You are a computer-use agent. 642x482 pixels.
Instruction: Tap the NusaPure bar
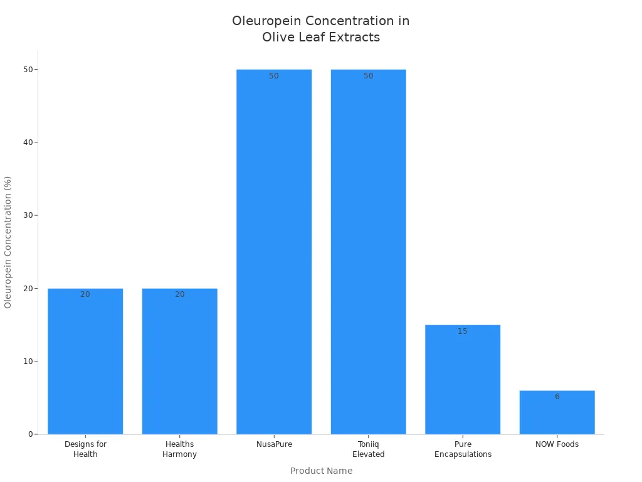click(x=274, y=251)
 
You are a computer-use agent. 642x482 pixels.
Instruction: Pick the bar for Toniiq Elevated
click(x=368, y=251)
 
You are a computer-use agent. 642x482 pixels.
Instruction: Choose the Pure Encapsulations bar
click(x=463, y=379)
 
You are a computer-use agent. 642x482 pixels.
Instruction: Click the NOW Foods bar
click(x=557, y=412)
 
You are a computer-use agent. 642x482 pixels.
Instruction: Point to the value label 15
click(x=463, y=331)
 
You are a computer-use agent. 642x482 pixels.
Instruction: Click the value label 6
click(x=557, y=397)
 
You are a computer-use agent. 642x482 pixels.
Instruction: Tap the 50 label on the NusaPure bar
click(x=274, y=76)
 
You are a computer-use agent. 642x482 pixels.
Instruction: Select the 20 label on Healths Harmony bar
click(x=180, y=294)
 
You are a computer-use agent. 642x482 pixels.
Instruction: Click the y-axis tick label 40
click(x=28, y=142)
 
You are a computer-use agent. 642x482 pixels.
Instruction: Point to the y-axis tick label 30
click(x=28, y=215)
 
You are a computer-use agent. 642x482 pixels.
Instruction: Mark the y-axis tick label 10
click(x=28, y=361)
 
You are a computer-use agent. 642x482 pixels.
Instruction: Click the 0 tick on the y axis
click(x=30, y=434)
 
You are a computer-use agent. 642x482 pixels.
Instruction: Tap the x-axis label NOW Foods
click(x=557, y=444)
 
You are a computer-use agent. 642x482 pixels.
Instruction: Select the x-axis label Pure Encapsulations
click(x=463, y=449)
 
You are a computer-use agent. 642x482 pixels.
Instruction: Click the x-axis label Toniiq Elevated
click(x=368, y=449)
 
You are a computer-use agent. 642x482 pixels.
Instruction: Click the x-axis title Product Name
click(x=321, y=471)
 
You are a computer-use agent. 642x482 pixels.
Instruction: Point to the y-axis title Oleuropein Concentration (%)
click(x=8, y=242)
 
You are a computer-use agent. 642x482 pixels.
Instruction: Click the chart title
click(x=321, y=29)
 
